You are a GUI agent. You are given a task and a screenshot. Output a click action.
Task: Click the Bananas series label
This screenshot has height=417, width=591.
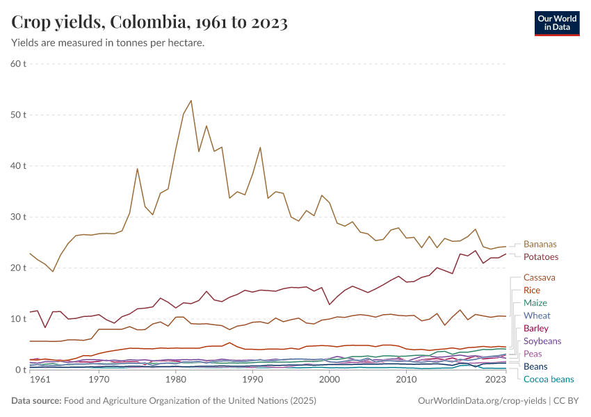540,245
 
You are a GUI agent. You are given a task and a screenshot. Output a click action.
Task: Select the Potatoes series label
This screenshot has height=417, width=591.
540,257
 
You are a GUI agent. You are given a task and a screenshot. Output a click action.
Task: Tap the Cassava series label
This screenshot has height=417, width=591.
540,278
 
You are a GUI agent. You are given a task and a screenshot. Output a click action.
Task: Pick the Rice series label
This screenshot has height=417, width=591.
532,291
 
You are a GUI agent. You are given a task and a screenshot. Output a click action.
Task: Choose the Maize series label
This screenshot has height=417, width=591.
535,303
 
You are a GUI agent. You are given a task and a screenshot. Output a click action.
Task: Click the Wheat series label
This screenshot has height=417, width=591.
537,316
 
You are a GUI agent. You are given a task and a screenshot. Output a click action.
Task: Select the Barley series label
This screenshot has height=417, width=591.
536,328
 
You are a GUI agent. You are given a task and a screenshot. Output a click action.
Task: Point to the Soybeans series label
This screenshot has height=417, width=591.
542,341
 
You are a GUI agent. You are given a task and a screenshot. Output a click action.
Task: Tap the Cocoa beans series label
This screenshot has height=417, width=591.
549,379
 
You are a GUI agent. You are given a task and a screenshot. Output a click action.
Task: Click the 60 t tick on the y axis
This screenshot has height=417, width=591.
19,64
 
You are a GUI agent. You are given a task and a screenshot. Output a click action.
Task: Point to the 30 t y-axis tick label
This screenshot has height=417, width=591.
19,217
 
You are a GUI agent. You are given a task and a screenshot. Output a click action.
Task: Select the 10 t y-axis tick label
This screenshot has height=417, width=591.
19,319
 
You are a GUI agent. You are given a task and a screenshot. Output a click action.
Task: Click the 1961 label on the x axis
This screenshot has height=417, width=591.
40,379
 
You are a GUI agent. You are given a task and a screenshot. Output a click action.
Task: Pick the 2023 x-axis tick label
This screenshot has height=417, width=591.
495,379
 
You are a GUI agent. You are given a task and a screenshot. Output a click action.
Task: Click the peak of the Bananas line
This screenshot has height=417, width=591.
191,100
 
